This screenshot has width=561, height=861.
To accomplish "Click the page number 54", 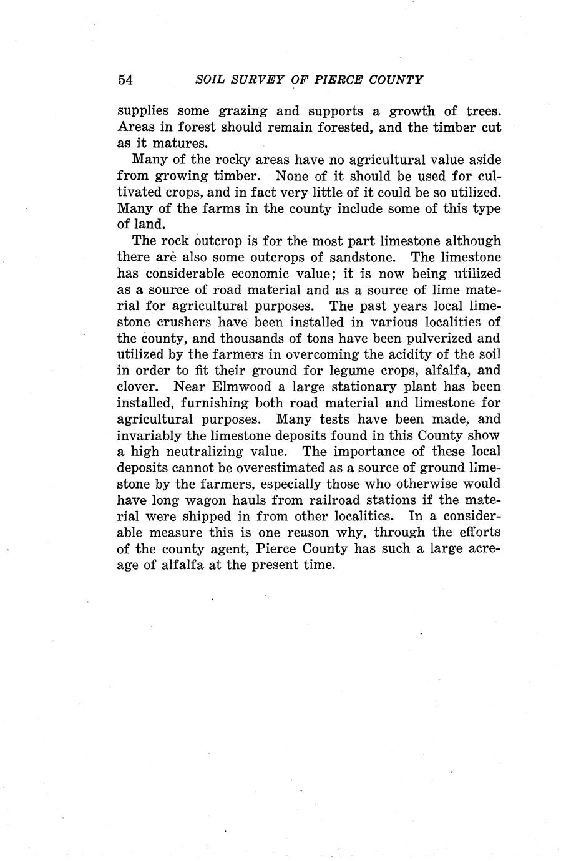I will (125, 80).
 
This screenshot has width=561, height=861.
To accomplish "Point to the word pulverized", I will (431, 338).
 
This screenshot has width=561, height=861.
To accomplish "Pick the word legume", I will (326, 371).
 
